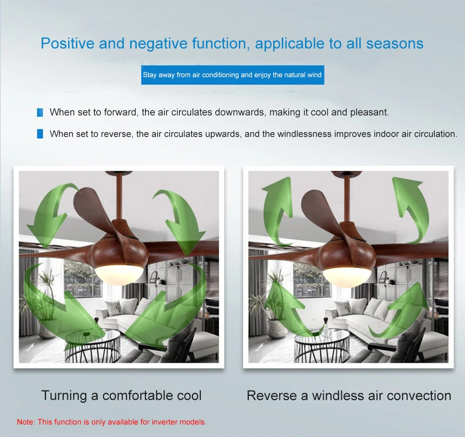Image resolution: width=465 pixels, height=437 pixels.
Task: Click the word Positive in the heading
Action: pyautogui.click(x=67, y=43)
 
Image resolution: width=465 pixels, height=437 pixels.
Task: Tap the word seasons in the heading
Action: pyautogui.click(x=395, y=44)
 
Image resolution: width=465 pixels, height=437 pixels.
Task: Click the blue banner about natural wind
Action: pyautogui.click(x=232, y=75)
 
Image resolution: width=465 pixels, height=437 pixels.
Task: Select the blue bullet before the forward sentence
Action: pyautogui.click(x=40, y=113)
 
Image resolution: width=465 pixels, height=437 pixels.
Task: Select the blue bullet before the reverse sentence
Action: pyautogui.click(x=40, y=134)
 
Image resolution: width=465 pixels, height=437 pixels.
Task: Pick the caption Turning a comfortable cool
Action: pyautogui.click(x=121, y=396)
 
